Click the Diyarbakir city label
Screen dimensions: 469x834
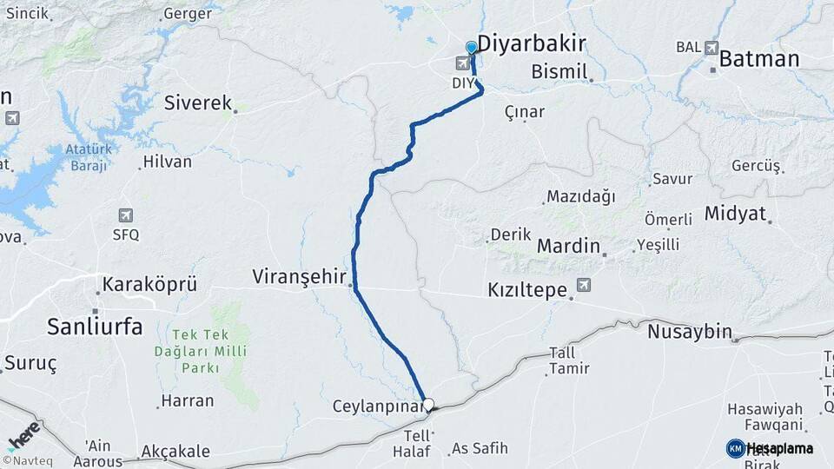point(532,44)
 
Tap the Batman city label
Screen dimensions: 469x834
point(759,59)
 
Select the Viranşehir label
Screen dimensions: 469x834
point(298,276)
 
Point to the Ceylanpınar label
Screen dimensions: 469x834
point(376,406)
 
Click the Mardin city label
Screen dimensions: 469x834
point(568,246)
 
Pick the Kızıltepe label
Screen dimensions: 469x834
point(527,289)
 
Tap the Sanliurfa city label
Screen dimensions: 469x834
point(95,327)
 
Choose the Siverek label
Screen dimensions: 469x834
point(198,102)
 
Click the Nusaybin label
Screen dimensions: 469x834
point(690,331)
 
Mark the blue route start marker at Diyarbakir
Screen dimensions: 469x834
point(472,48)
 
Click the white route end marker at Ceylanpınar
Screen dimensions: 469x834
point(427,404)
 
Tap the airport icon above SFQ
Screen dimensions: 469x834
point(125,215)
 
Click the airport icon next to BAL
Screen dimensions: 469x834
point(712,48)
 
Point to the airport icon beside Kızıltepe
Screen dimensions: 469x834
point(582,284)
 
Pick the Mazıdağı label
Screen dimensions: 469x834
point(579,197)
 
